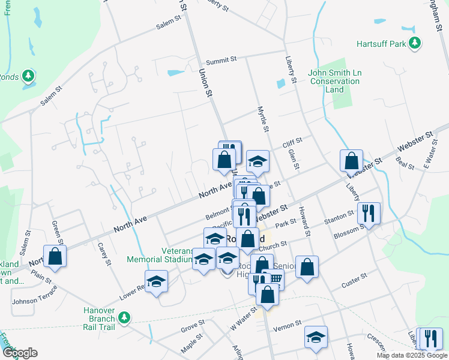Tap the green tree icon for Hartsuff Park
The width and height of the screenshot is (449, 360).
(x=414, y=43)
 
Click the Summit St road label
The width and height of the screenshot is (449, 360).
(x=221, y=61)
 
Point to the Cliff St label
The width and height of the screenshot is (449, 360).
(x=292, y=142)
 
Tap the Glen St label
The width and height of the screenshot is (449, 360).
(x=294, y=159)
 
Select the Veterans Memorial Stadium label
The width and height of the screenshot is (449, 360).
(x=158, y=255)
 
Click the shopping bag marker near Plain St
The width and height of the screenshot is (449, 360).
(x=55, y=256)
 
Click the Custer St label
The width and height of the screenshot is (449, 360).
(x=354, y=278)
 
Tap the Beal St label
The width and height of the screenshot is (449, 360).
(x=406, y=163)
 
